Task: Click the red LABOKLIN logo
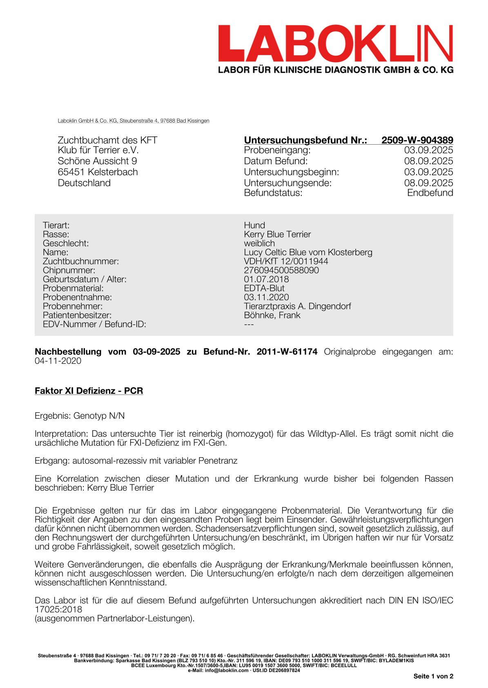(335, 44)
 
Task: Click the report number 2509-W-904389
(417, 140)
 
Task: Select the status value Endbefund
(430, 193)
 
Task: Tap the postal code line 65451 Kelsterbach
(98, 172)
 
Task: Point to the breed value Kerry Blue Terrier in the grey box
(277, 235)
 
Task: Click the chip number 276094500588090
(281, 270)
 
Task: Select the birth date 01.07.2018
(266, 279)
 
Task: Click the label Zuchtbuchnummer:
(81, 261)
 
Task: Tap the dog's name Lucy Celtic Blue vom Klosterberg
(308, 252)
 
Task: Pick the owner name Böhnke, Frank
(272, 315)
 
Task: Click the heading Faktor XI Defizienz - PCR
(89, 391)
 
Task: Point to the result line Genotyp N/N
(99, 416)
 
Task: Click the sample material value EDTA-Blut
(264, 288)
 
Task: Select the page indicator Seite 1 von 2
(433, 676)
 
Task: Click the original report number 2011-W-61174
(287, 352)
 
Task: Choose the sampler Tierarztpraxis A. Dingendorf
(297, 306)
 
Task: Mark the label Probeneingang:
(277, 150)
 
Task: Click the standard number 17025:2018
(58, 610)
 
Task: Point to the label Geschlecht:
(66, 243)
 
